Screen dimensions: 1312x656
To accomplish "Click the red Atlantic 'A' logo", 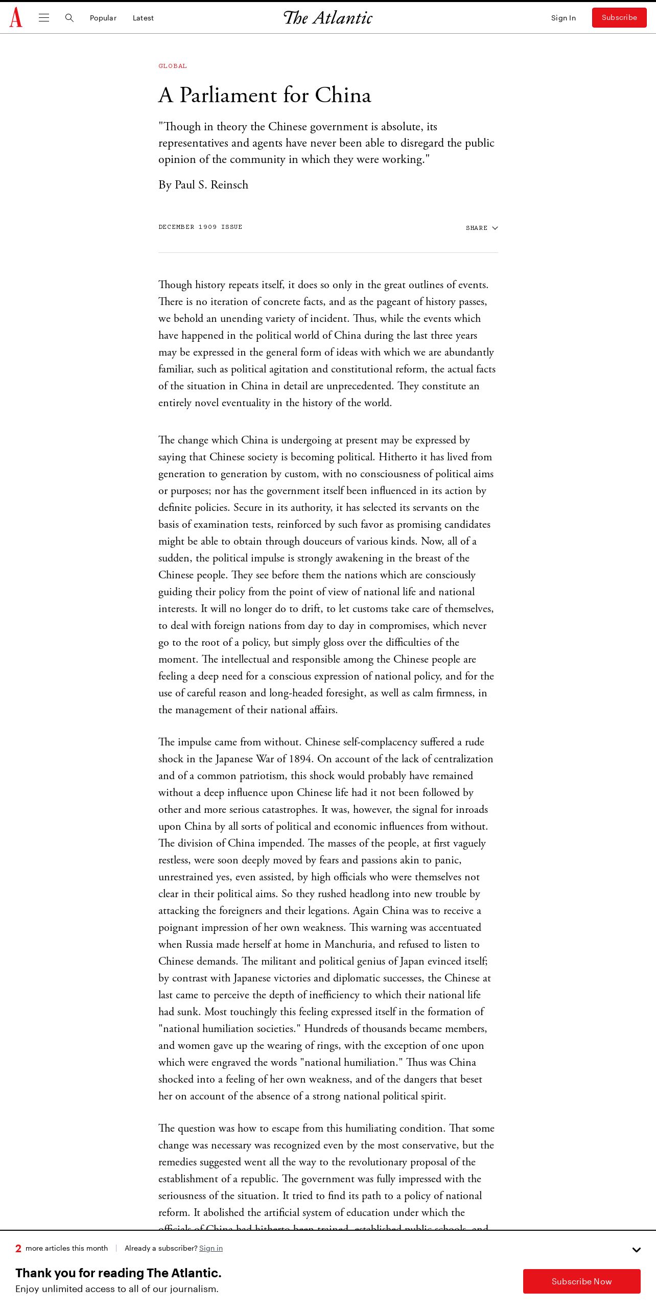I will pyautogui.click(x=16, y=17).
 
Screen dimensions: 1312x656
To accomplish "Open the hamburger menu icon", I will pyautogui.click(x=44, y=18).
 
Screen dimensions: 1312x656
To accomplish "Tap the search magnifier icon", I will pyautogui.click(x=69, y=18).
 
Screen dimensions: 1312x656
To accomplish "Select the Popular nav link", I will pyautogui.click(x=103, y=18).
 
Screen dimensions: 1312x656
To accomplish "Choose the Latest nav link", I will pyautogui.click(x=143, y=18).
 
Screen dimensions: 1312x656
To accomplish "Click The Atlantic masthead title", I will pyautogui.click(x=328, y=18).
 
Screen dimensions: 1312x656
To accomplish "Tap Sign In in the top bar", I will pyautogui.click(x=563, y=18).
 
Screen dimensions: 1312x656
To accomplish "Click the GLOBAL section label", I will pyautogui.click(x=173, y=66).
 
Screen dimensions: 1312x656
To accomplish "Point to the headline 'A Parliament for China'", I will pyautogui.click(x=265, y=96).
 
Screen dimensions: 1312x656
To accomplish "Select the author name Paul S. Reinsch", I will pyautogui.click(x=212, y=185).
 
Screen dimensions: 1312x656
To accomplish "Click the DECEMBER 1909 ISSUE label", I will pyautogui.click(x=200, y=227).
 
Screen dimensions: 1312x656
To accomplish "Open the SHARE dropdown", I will pyautogui.click(x=481, y=228).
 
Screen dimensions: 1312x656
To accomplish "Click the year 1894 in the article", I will pyautogui.click(x=300, y=759).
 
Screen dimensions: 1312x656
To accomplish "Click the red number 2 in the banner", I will pyautogui.click(x=18, y=1248).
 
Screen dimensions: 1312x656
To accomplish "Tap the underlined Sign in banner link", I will pyautogui.click(x=211, y=1248).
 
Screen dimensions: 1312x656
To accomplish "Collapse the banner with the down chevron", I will pyautogui.click(x=636, y=1250).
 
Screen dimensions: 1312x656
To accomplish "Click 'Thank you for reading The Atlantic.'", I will pyautogui.click(x=119, y=1273).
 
